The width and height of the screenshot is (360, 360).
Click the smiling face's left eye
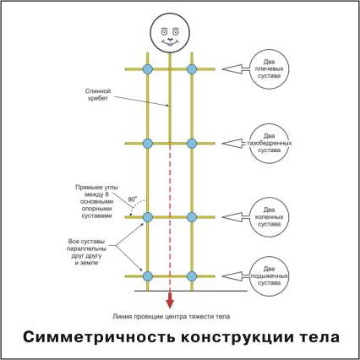(164, 32)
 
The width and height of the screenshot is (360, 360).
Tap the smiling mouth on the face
(170, 43)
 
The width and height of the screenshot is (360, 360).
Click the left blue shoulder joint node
(147, 69)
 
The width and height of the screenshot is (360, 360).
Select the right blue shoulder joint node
(192, 69)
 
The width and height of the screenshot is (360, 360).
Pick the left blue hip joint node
(147, 144)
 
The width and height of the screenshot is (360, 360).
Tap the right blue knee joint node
(192, 217)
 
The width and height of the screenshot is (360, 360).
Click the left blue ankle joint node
(147, 276)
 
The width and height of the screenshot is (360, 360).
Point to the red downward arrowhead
(170, 301)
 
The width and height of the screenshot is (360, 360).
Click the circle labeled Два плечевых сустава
(270, 69)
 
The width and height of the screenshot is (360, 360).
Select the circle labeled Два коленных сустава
(270, 217)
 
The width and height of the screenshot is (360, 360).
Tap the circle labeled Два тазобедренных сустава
(270, 144)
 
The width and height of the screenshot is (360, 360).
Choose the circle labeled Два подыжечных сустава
(270, 276)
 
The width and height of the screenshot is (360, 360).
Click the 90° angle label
(133, 199)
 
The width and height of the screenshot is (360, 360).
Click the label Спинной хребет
(98, 95)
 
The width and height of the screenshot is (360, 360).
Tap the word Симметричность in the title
(99, 337)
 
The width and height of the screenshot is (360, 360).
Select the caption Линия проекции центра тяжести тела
(172, 316)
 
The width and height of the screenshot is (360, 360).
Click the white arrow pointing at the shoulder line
(236, 69)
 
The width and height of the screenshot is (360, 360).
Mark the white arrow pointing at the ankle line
(236, 276)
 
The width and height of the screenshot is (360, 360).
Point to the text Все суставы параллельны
(86, 245)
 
